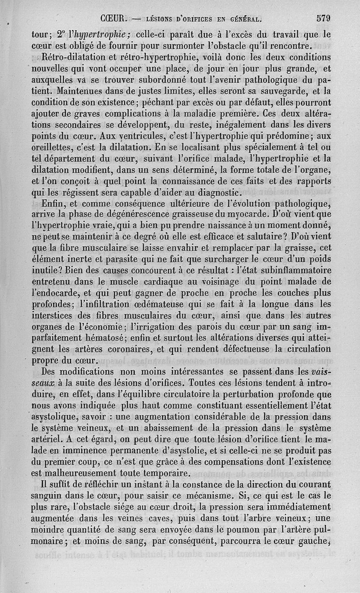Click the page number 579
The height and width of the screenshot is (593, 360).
[x=324, y=18]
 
